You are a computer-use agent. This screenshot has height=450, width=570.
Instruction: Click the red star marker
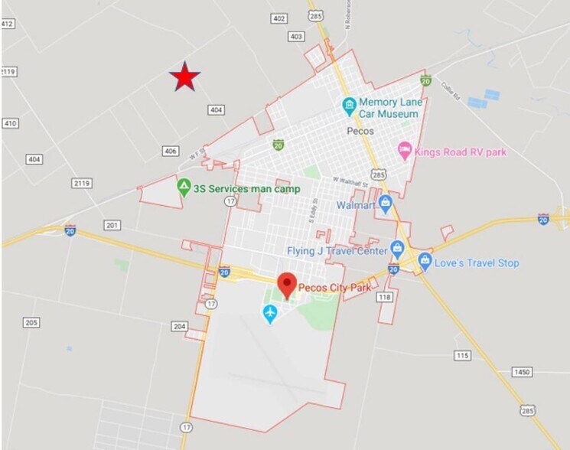[184, 77]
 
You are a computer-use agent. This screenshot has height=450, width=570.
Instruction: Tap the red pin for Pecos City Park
[287, 284]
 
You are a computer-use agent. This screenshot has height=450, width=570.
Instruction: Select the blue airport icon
[269, 313]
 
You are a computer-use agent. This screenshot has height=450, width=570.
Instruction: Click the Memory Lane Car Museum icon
[349, 103]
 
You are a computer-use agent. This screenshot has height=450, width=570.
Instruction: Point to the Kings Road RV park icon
[405, 152]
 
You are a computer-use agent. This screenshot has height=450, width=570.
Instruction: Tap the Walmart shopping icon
[385, 204]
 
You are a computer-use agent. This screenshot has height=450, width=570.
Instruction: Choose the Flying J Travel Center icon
[397, 249]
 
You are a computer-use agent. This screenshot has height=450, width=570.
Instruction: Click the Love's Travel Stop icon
[425, 262]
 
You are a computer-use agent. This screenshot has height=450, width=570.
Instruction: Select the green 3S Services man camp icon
[184, 187]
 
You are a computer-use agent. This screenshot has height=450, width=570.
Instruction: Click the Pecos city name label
[360, 131]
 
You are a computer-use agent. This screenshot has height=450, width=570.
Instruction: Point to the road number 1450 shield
[521, 372]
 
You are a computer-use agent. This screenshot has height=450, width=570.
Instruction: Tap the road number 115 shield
[462, 356]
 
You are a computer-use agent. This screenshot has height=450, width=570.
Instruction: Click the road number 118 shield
[384, 297]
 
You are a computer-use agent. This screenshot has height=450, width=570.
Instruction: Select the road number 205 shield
[31, 323]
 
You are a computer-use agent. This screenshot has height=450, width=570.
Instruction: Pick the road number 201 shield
[112, 225]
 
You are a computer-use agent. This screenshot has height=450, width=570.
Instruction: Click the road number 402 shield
[278, 18]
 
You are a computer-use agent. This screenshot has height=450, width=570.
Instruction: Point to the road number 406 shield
[171, 152]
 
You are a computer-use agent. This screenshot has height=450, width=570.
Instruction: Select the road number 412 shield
[8, 24]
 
